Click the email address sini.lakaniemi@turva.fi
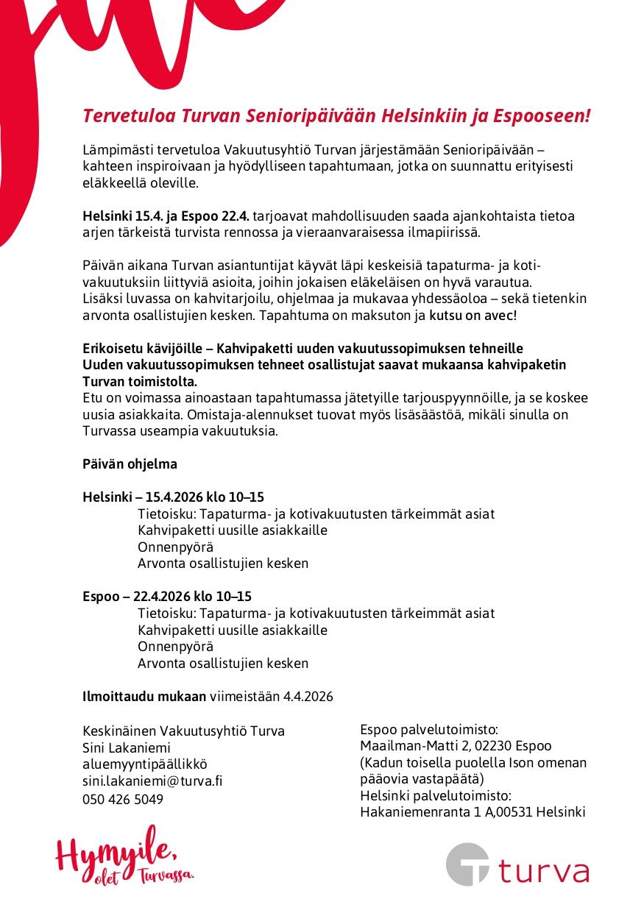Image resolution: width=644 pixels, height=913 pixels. point(152,781)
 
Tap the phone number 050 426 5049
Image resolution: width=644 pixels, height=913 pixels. point(123,799)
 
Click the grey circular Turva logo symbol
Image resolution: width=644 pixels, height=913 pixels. point(468,864)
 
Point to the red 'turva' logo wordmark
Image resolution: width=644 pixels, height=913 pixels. point(544,870)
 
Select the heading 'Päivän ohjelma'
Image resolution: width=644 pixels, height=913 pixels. point(130,464)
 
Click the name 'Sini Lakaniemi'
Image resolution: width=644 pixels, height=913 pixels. point(127,747)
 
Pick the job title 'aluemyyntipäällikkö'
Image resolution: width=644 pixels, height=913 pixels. point(145,764)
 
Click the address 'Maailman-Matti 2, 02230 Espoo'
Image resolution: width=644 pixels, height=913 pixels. point(456,746)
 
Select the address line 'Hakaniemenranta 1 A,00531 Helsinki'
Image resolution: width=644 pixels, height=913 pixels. point(473,812)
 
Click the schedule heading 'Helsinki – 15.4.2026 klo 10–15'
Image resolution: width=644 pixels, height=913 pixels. point(173,497)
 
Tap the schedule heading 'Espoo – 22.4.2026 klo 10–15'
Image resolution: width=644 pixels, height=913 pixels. point(166,597)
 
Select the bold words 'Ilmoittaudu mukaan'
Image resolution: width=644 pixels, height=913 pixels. point(144,696)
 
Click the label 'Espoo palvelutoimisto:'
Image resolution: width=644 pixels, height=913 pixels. point(429,730)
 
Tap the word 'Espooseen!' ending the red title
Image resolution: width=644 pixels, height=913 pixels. point(547,116)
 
